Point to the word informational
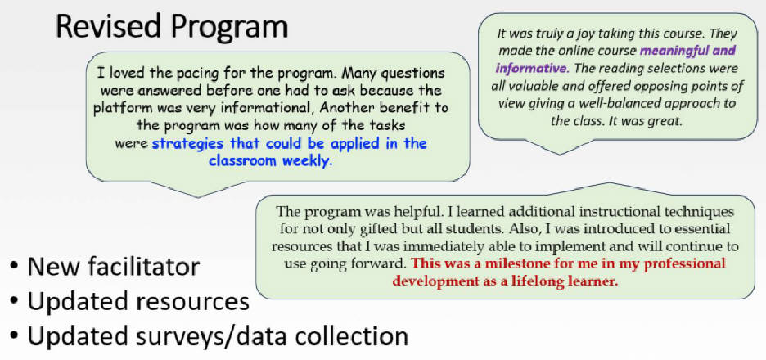pyautogui.click(x=265, y=107)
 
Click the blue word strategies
pyautogui.click(x=187, y=144)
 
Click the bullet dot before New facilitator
pyautogui.click(x=15, y=268)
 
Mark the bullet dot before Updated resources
pyautogui.click(x=15, y=303)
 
